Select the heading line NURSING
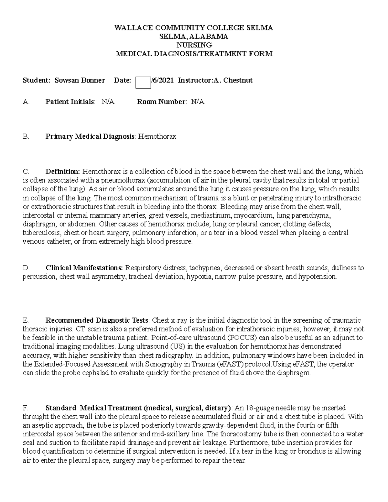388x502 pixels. [x=194, y=45]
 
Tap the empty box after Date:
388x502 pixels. [x=143, y=82]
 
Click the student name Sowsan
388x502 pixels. [x=67, y=80]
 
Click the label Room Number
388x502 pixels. [x=161, y=102]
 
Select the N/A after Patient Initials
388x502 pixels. [x=108, y=102]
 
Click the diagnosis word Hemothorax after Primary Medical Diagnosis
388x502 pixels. [x=157, y=136]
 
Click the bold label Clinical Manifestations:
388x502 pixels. [x=84, y=268]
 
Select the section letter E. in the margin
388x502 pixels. [x=26, y=321]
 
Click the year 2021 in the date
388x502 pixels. [x=166, y=80]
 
